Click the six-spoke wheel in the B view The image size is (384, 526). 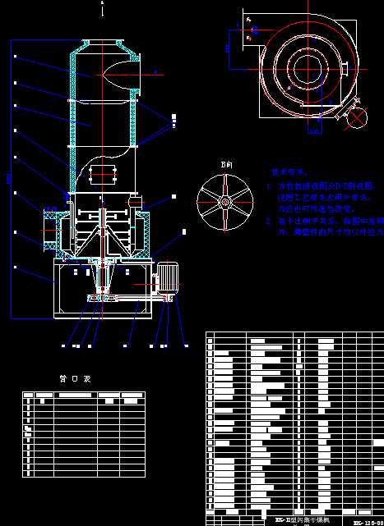[223, 200]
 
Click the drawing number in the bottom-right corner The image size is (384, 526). [367, 521]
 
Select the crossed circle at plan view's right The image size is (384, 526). [359, 117]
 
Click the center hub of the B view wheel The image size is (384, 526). [223, 200]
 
